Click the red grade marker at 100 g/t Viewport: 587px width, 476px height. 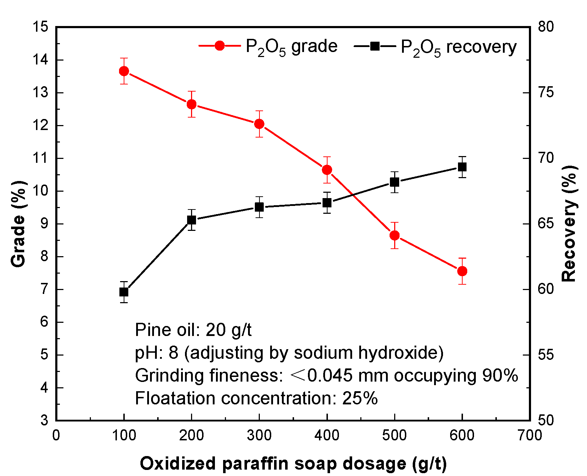(x=124, y=71)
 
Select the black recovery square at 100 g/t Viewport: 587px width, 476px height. (x=124, y=292)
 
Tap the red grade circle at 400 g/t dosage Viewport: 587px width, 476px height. (x=327, y=170)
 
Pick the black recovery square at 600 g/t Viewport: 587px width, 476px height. (x=462, y=167)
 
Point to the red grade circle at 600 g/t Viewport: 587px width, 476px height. (x=462, y=271)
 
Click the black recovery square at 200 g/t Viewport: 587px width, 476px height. (x=191, y=220)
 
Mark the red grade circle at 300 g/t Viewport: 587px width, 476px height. (x=259, y=124)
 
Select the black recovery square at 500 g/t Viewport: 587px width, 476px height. (x=394, y=182)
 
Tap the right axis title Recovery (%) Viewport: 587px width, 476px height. (x=569, y=224)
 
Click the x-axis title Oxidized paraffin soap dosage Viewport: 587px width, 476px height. (x=293, y=464)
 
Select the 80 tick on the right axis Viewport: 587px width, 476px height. (x=546, y=27)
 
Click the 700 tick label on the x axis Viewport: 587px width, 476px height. (x=530, y=435)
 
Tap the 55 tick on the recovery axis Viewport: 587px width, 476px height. (x=546, y=355)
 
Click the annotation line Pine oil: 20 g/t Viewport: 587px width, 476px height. (x=193, y=330)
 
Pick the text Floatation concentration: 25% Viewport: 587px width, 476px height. (x=256, y=398)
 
